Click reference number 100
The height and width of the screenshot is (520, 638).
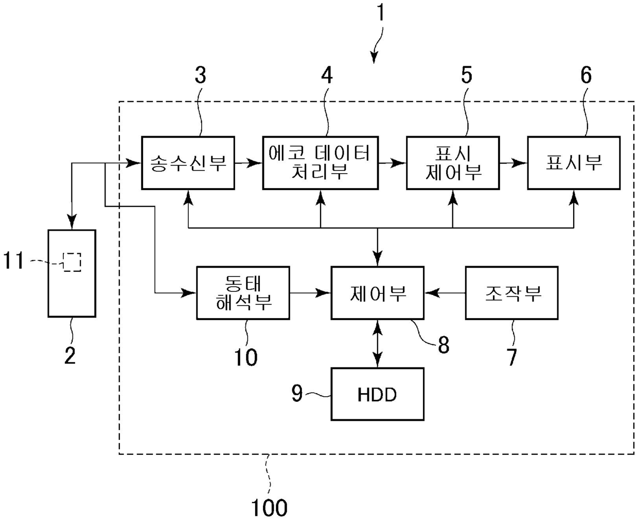269,508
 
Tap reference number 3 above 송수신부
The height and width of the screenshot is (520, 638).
201,75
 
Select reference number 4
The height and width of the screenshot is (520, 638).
327,75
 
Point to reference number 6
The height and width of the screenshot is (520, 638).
586,75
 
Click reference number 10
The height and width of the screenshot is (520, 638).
245,357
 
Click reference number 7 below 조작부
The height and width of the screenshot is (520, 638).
511,357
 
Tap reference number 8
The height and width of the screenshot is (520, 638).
444,344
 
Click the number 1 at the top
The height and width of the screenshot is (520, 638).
381,12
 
